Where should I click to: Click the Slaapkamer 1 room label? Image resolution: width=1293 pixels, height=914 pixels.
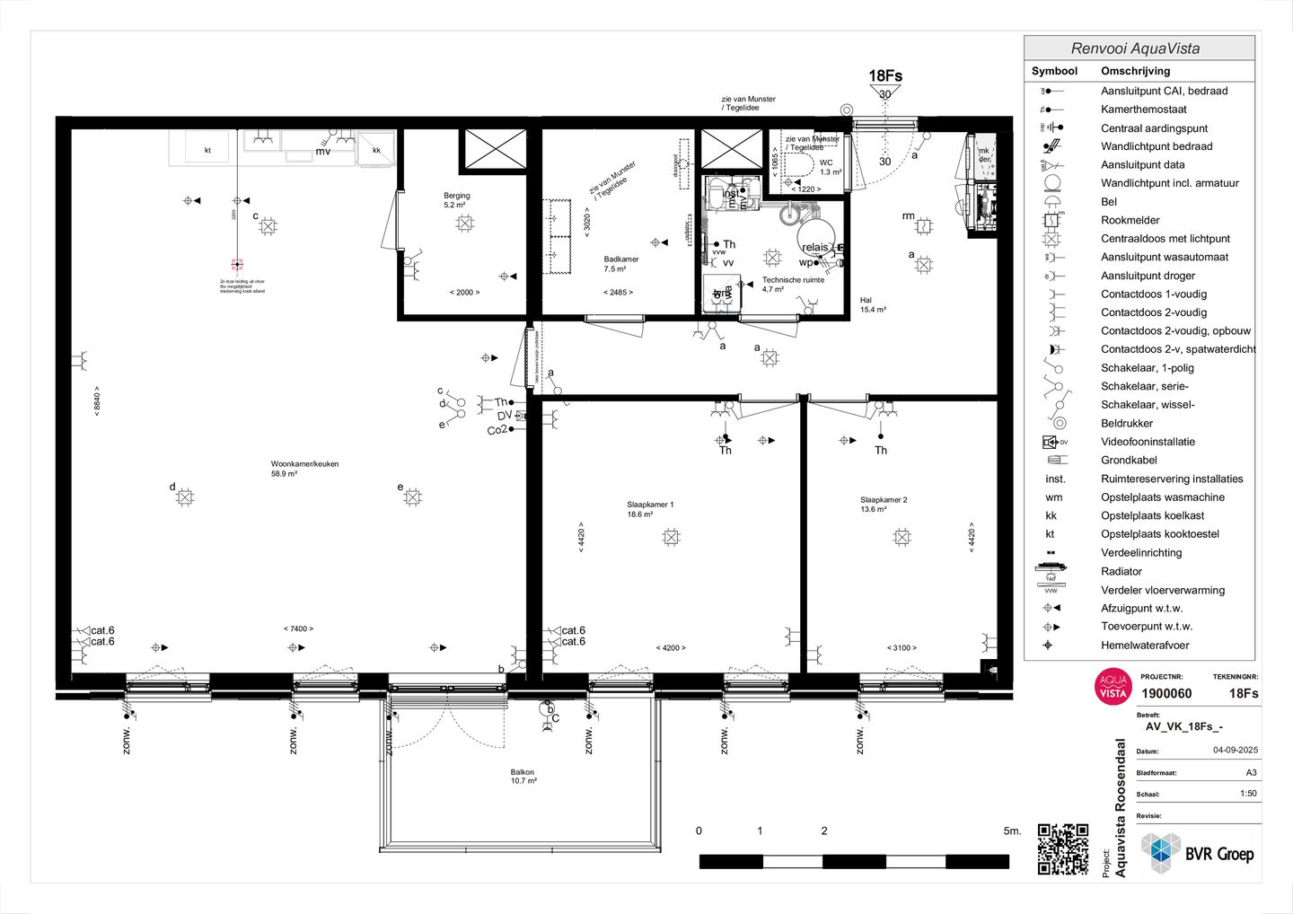point(650,505)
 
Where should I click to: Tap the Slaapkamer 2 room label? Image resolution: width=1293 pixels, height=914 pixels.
point(884,500)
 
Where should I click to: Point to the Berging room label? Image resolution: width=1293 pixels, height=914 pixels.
point(456,196)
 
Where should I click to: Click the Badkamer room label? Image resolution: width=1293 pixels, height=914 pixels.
point(621,259)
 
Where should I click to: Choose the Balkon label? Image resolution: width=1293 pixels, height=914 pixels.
point(523,772)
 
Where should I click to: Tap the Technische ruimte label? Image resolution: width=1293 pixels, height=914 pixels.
point(793,280)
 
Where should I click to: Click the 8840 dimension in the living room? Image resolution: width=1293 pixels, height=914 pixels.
point(97,400)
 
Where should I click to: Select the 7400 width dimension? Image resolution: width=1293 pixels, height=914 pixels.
point(298,629)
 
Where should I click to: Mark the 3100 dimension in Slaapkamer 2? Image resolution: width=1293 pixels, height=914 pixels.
point(902,648)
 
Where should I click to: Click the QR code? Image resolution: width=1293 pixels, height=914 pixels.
point(1062,848)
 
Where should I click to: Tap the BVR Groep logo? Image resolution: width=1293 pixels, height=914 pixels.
point(1198,854)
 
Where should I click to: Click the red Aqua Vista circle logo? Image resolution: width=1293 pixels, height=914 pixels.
point(1113,687)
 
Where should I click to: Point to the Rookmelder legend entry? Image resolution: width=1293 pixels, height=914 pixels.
point(1130,220)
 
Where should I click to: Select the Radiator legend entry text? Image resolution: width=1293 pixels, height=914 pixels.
point(1121,571)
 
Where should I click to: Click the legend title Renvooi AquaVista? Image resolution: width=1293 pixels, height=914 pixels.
point(1135,48)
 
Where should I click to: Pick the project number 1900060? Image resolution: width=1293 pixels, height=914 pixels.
point(1166,694)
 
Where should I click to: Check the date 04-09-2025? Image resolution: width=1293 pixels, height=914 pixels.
point(1235,751)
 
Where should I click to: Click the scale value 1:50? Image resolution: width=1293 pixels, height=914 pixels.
point(1248,794)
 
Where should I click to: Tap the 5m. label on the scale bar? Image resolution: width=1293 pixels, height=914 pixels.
point(1012,831)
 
